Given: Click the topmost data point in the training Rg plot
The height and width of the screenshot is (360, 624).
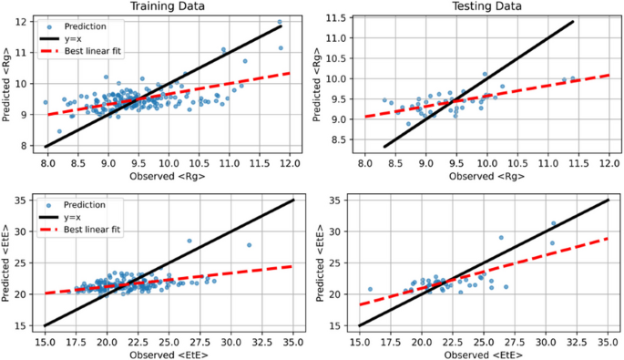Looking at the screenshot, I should pos(280,22).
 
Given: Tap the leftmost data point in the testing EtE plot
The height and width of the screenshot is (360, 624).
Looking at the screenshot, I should pos(370,289).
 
